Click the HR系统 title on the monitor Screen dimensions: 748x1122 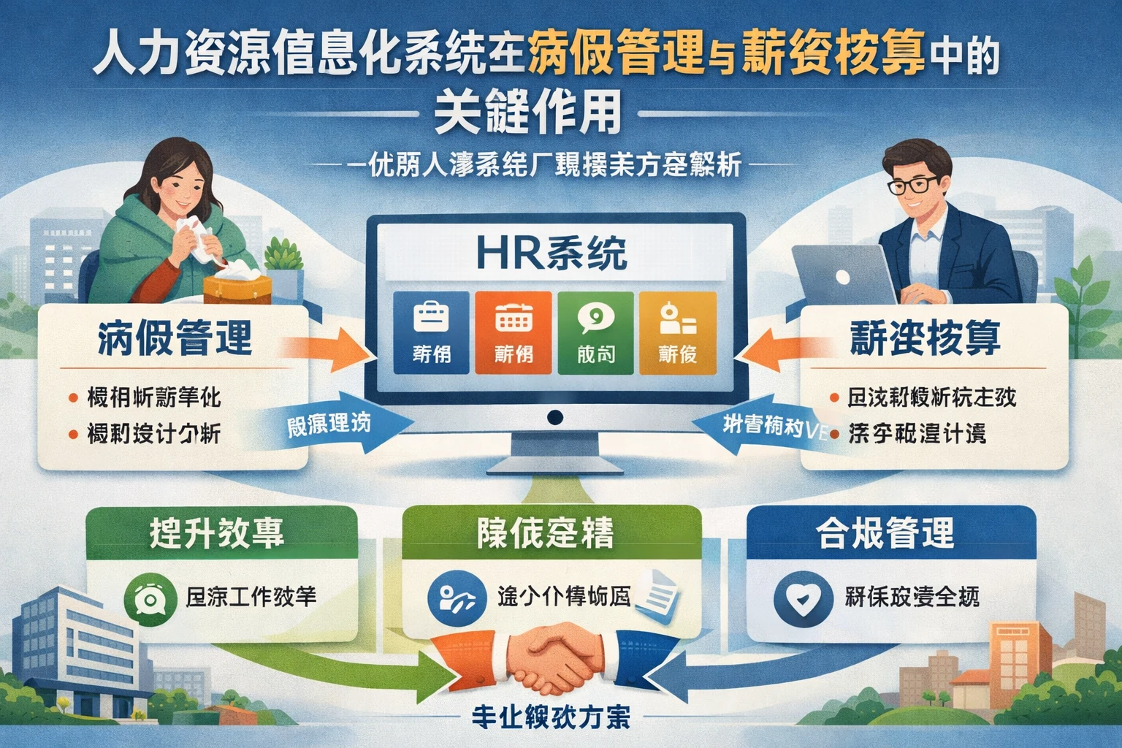[x=552, y=254]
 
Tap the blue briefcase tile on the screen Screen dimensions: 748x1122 [x=431, y=332]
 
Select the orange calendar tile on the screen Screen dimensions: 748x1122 [x=513, y=332]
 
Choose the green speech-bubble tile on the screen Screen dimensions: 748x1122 [x=595, y=332]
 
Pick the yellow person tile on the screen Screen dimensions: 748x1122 [x=677, y=332]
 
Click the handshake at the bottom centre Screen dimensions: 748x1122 [x=557, y=657]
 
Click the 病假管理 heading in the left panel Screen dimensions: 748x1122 [x=175, y=338]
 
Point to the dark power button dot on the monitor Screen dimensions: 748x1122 [x=555, y=418]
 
